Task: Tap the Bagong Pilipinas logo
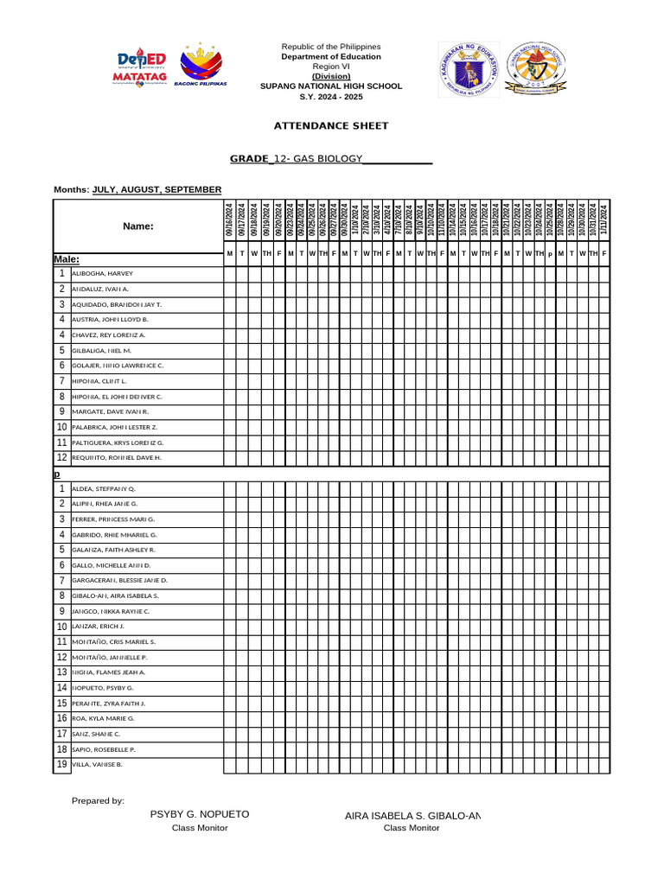[x=201, y=67]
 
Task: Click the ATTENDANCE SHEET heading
[x=331, y=126]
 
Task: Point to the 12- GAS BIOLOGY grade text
[x=316, y=159]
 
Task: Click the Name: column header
[x=138, y=226]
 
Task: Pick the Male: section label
[x=67, y=258]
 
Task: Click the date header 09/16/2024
[x=229, y=220]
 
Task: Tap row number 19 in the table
[x=62, y=764]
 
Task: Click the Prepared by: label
[x=98, y=801]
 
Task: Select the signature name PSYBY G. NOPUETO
[x=200, y=815]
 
